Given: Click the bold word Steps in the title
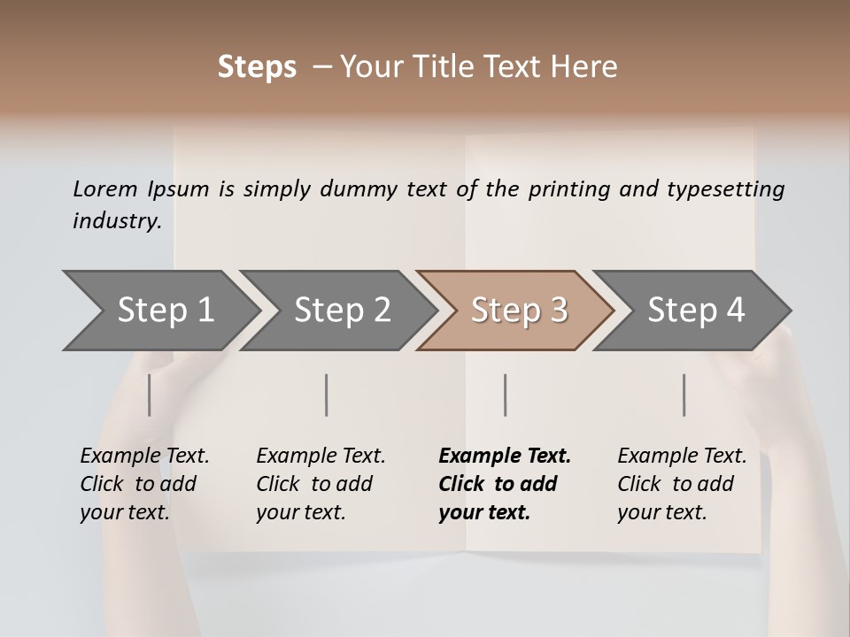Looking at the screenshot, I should pos(257,67).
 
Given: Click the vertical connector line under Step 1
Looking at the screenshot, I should pos(150,395).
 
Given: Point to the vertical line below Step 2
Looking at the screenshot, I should pos(327,395).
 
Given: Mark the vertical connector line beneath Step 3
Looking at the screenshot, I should pos(506,395).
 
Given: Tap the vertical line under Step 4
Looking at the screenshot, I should pos(684,395).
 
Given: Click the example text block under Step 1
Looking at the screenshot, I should pos(144,484).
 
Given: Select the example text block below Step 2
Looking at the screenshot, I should pos(321,484).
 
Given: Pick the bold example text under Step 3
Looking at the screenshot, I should pos(505,484).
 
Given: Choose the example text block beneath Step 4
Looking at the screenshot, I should pos(682,484).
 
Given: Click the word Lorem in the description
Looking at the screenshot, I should pos(104,188).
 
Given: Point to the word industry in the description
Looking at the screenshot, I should pos(117,220).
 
